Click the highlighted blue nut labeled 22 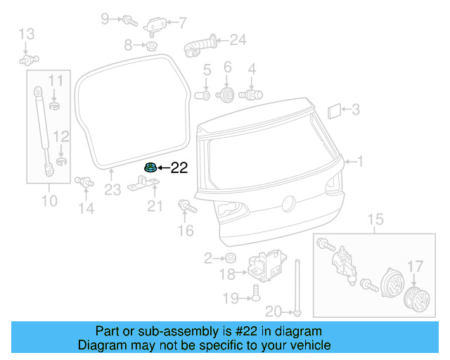coord(149,167)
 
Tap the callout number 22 coord(180,167)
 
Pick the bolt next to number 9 coord(129,20)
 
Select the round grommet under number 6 coord(227,95)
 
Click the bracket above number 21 coord(145,186)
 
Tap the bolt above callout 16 coord(187,207)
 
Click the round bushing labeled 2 coord(229,258)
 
